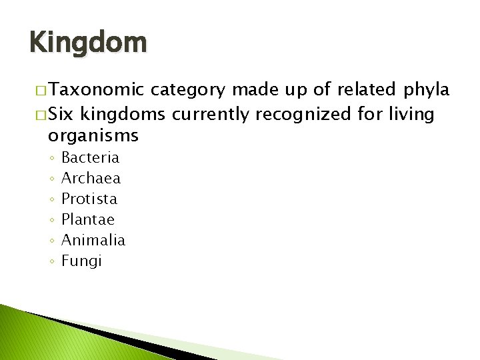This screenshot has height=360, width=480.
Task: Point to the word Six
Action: click(x=61, y=115)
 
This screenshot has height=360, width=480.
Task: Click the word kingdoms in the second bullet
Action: click(x=123, y=115)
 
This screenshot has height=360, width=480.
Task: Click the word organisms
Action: click(x=93, y=137)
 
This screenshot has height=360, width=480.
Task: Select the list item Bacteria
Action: click(x=90, y=158)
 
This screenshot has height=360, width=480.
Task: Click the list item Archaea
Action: click(x=91, y=179)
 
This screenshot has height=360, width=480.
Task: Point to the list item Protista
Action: click(x=89, y=199)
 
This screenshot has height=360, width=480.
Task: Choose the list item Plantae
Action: click(x=88, y=219)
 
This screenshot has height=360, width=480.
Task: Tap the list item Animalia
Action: click(x=93, y=240)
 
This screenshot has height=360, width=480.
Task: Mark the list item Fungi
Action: click(x=81, y=261)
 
